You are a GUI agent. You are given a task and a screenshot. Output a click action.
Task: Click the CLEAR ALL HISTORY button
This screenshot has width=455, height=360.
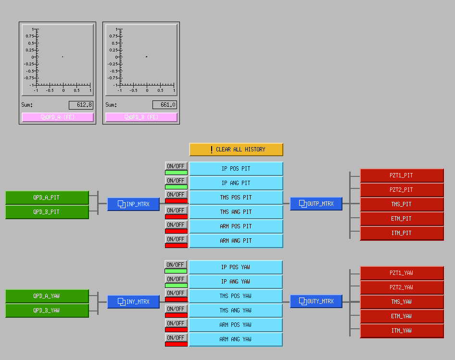(236, 149)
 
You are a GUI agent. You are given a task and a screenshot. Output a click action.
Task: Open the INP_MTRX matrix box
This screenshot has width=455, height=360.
(134, 204)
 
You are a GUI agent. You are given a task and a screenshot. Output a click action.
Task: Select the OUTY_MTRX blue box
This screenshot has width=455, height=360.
(316, 301)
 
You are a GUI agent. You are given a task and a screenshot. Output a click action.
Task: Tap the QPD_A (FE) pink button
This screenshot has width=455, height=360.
(57, 117)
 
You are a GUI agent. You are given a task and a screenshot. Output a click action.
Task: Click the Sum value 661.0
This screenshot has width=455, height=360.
(164, 105)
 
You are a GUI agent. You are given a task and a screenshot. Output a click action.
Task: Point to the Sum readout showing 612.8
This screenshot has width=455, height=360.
(81, 105)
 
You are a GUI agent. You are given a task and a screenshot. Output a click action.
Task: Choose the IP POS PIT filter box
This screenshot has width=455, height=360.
(236, 169)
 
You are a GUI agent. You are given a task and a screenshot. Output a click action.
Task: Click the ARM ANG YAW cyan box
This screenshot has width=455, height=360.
(236, 339)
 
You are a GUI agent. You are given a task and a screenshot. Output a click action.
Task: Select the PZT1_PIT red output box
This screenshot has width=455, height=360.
(402, 175)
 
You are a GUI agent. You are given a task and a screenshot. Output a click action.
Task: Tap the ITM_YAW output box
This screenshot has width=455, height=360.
(402, 331)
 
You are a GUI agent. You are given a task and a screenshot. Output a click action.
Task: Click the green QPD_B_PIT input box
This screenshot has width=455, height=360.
(47, 212)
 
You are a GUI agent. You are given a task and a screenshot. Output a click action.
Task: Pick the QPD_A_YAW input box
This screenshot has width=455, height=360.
(47, 296)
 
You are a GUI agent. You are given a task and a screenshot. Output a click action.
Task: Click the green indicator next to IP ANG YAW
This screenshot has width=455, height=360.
(176, 286)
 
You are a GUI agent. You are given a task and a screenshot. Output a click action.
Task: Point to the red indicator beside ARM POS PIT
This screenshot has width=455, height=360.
(176, 231)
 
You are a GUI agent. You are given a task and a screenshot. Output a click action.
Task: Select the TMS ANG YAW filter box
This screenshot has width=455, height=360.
(236, 310)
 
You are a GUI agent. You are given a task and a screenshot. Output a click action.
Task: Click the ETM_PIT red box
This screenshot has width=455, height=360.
(402, 219)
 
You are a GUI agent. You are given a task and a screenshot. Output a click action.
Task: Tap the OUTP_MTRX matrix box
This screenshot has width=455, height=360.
(316, 204)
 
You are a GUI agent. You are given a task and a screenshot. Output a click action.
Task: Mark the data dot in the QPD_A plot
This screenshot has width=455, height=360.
(63, 57)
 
